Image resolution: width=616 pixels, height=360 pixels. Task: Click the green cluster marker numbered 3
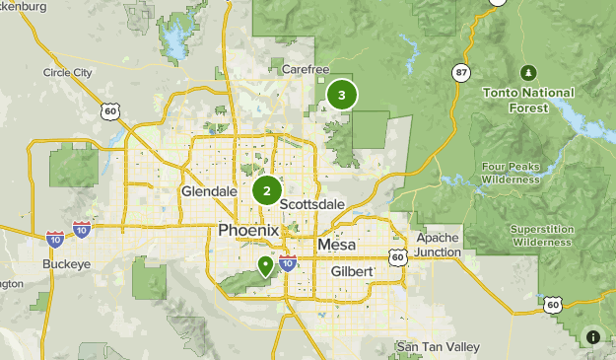(x=342, y=95)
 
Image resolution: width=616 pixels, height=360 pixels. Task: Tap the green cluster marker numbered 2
(x=267, y=190)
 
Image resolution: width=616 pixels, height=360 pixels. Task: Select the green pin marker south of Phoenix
(x=265, y=265)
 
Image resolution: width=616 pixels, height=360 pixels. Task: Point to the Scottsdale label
(x=312, y=204)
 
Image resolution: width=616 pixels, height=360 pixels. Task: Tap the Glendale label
(x=209, y=190)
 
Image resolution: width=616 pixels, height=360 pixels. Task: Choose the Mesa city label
(x=338, y=245)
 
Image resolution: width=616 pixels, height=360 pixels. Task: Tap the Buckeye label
(x=65, y=265)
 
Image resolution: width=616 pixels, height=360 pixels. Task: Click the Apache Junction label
(x=438, y=245)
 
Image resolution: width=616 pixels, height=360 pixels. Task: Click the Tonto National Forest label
(x=528, y=99)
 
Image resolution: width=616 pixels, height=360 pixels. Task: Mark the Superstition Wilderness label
(x=541, y=235)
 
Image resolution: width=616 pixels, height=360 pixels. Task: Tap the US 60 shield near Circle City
(x=110, y=111)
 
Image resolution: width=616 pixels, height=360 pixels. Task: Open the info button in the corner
(x=593, y=337)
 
